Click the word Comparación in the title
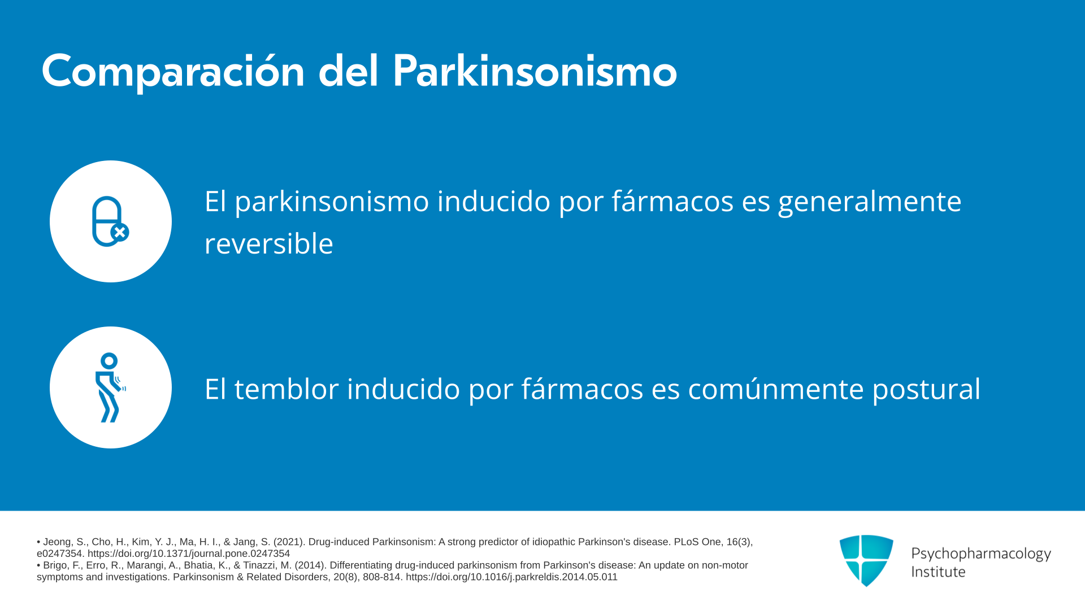coord(173,72)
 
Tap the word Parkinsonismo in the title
coord(535,71)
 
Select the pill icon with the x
coord(111,221)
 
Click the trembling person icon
coord(110,387)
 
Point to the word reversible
coord(269,243)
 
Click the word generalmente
coord(870,202)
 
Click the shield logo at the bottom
coord(866,560)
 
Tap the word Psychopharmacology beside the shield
coord(981,554)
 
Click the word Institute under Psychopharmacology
coord(938,572)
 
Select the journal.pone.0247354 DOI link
coord(189,554)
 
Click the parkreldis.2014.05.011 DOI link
coord(511,577)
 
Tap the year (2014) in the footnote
coord(309,565)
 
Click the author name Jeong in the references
coord(58,542)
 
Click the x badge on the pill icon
coord(120,232)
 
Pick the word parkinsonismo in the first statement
coord(332,202)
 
